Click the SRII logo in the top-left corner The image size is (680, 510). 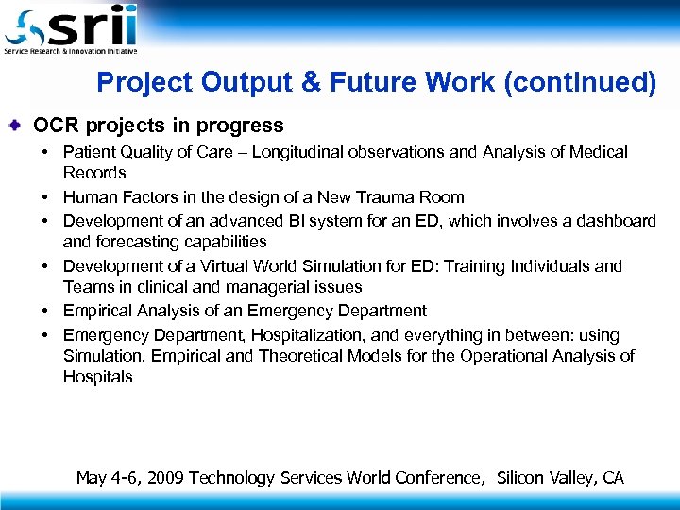(72, 29)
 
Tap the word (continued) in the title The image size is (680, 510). (580, 84)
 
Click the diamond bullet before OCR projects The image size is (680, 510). (20, 126)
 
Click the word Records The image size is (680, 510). (94, 173)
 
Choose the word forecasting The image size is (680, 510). (134, 242)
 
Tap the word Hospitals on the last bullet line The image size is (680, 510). (98, 377)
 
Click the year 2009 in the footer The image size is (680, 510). (165, 478)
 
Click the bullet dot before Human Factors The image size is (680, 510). (44, 197)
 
